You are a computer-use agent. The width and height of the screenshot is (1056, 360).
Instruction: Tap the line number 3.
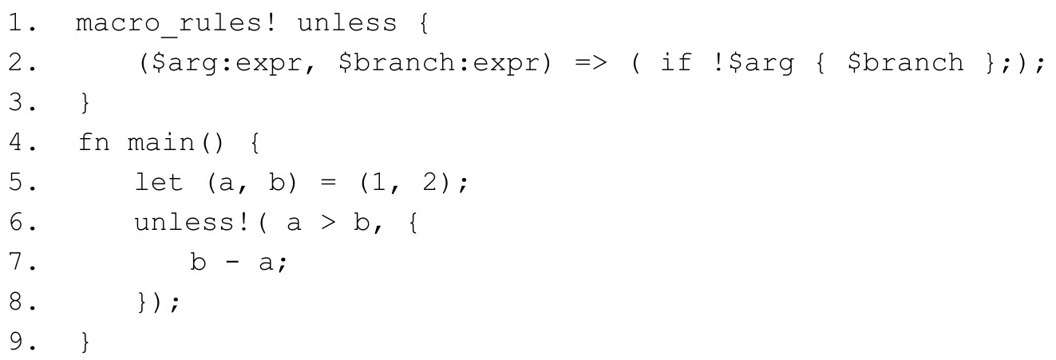click(18, 105)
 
